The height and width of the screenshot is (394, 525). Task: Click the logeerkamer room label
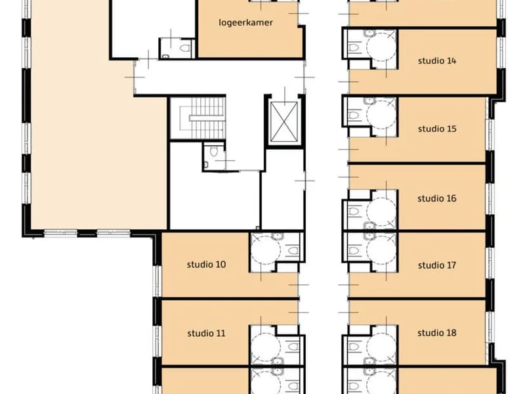click(245, 23)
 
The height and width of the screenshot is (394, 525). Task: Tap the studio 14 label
click(437, 60)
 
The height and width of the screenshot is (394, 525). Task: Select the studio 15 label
click(437, 129)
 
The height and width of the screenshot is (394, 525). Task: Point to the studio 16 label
click(436, 198)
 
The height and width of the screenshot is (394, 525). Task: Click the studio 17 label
click(437, 265)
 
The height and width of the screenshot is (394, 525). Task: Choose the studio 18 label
click(436, 333)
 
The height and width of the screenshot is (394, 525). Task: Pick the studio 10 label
click(206, 265)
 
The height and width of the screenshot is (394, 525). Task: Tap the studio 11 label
click(206, 334)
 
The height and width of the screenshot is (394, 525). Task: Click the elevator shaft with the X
click(284, 121)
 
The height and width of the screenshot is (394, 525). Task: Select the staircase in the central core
click(198, 118)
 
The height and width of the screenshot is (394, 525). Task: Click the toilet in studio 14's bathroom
click(354, 47)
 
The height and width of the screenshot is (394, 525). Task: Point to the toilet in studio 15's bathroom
click(354, 116)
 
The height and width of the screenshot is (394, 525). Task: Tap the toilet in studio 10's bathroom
click(293, 251)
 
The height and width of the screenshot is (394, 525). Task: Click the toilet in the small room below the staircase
click(214, 152)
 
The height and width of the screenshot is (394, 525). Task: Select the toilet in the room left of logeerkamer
click(184, 48)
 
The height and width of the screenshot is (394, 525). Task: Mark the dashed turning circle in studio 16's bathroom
click(381, 211)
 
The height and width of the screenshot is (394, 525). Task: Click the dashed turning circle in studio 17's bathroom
click(381, 250)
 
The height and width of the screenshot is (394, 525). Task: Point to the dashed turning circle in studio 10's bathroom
click(266, 250)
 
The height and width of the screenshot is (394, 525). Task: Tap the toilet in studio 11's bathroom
click(293, 347)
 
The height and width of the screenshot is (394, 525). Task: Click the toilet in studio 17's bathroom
click(354, 251)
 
